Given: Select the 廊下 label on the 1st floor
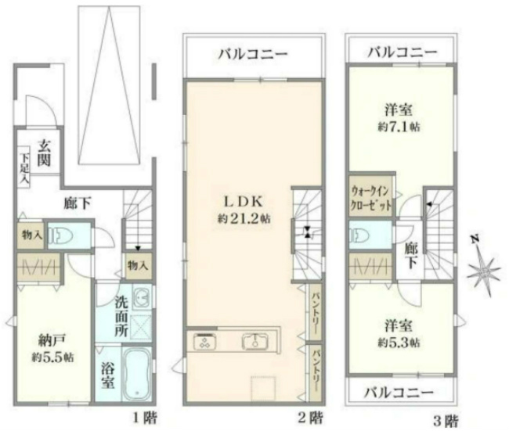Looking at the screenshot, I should (x=76, y=204).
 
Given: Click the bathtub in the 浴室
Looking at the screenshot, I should (x=136, y=374).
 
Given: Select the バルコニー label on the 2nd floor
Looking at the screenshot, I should (x=252, y=55).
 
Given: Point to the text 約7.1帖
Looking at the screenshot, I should (x=398, y=125).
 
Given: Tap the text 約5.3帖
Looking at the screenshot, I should (x=398, y=343).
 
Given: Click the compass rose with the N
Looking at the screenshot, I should (x=483, y=269).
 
